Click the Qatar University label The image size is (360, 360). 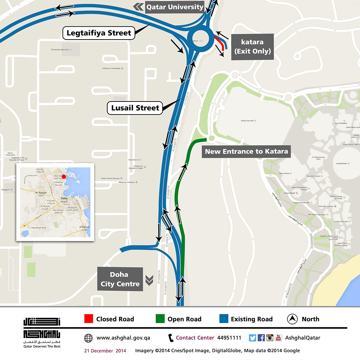(x=175, y=7)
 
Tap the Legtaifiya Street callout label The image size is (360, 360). (x=99, y=33)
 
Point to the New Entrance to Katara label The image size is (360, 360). (x=246, y=151)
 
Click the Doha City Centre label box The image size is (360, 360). (x=120, y=279)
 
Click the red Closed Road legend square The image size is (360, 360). (x=89, y=319)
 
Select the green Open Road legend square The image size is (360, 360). (x=160, y=319)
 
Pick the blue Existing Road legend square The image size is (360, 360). (x=224, y=319)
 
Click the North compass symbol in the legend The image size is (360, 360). (x=292, y=319)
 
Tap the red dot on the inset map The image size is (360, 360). (x=64, y=176)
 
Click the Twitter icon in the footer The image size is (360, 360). (x=252, y=338)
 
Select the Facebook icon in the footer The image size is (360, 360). (x=261, y=338)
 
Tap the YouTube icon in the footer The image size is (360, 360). (x=278, y=338)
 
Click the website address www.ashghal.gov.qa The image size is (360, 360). (x=123, y=338)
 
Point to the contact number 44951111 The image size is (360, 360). (x=229, y=338)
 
